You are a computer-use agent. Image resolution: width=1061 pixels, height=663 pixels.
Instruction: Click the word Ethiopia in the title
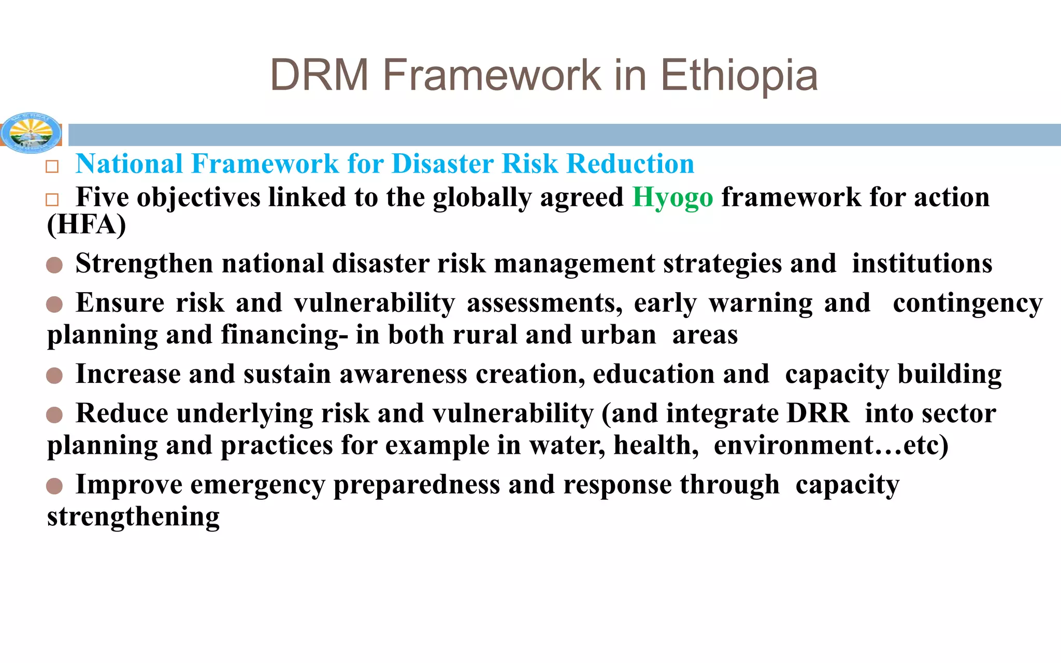pyautogui.click(x=739, y=76)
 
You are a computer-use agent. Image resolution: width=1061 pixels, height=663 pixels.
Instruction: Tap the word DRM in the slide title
pyautogui.click(x=319, y=76)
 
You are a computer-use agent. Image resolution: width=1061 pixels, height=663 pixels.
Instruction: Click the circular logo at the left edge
pyautogui.click(x=31, y=133)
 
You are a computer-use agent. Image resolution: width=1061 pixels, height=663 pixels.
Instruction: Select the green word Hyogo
pyautogui.click(x=672, y=198)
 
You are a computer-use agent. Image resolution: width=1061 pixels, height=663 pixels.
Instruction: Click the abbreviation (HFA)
pyautogui.click(x=87, y=225)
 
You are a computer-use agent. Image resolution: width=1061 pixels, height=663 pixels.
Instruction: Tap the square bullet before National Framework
pyautogui.click(x=52, y=167)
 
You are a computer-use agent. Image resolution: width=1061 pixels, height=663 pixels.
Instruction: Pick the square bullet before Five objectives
pyautogui.click(x=52, y=200)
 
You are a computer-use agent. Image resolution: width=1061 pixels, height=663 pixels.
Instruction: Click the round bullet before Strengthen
pyautogui.click(x=54, y=265)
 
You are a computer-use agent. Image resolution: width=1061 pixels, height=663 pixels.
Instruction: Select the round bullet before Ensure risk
pyautogui.click(x=54, y=305)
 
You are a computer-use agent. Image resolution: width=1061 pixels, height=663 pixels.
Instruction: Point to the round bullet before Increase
pyautogui.click(x=54, y=376)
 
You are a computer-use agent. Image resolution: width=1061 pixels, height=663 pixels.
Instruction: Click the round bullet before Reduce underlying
pyautogui.click(x=54, y=415)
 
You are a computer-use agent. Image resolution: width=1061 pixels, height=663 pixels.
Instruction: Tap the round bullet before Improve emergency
pyautogui.click(x=54, y=486)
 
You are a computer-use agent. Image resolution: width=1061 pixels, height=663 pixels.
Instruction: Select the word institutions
pyautogui.click(x=922, y=264)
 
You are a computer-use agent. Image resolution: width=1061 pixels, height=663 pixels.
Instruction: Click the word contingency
pyautogui.click(x=967, y=304)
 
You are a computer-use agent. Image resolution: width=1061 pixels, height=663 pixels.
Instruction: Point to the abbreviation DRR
pyautogui.click(x=818, y=414)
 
